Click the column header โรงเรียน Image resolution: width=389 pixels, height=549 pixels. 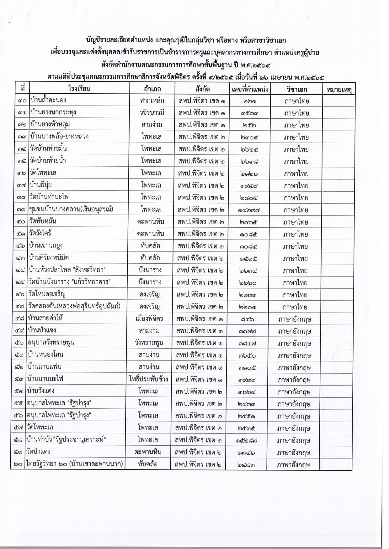pos(79,88)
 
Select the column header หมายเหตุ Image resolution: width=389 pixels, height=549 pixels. pos(339,90)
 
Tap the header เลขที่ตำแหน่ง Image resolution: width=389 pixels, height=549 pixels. pos(250,89)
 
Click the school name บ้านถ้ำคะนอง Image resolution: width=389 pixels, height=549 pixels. pos(49,101)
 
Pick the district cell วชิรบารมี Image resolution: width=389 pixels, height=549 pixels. pos(152,112)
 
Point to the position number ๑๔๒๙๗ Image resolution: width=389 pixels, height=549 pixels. pos(249,210)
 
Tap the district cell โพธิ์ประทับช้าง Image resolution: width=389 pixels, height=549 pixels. pos(149,379)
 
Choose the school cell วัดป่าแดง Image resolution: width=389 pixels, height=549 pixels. pos(39,452)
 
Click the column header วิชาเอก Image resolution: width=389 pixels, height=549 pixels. pos(296,89)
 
